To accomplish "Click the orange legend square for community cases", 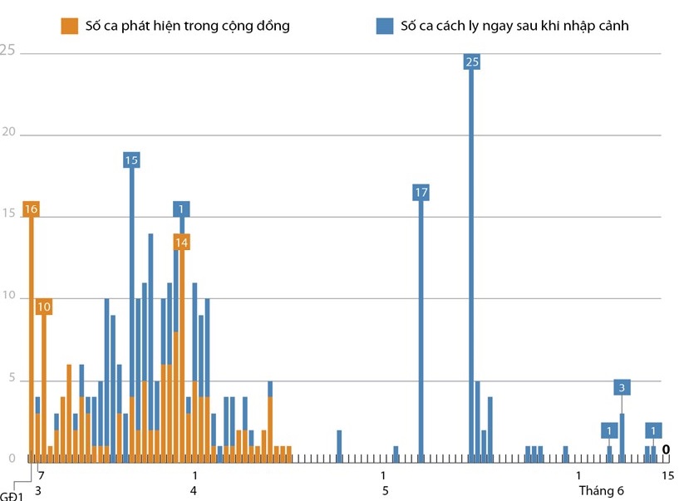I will pos(70,26).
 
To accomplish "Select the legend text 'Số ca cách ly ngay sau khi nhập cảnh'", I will pos(514,26).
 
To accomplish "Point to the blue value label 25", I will pos(472,61).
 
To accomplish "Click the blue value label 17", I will pos(421,193).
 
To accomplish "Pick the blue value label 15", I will pos(131,160).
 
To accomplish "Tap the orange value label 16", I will pos(32,209).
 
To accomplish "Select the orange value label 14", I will pos(182,242).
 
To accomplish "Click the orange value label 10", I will pos(44,307).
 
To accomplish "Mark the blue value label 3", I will pos(622,387).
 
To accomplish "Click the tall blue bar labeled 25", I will pos(471,266).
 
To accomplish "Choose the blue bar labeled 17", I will pos(421,332).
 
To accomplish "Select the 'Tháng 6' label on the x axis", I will pos(602,491).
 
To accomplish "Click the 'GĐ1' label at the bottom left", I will pos(11,497).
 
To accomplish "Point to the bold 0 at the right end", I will pos(666,449).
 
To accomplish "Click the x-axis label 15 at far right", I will pos(667,475).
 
